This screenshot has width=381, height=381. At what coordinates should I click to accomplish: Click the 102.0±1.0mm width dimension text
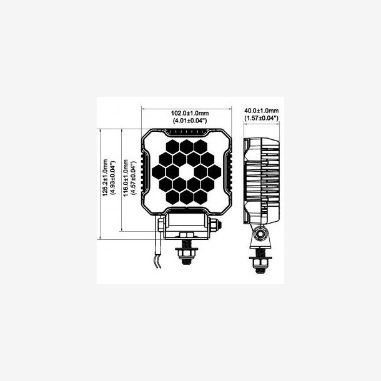[190, 113]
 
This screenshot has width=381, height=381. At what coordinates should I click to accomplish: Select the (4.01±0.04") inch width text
[190, 121]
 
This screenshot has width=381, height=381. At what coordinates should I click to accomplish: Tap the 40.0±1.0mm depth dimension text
[262, 111]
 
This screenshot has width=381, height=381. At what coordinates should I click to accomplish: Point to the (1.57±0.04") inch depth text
[262, 118]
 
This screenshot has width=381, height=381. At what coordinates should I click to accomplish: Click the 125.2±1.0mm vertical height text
[105, 177]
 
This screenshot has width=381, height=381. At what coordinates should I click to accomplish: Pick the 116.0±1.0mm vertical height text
[126, 178]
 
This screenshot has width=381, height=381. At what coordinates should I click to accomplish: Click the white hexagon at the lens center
[187, 172]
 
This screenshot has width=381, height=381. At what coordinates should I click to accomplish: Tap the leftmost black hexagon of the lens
[159, 172]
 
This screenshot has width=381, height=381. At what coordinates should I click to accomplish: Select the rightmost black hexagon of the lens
[215, 172]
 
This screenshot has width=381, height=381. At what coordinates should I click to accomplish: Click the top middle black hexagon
[187, 147]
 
